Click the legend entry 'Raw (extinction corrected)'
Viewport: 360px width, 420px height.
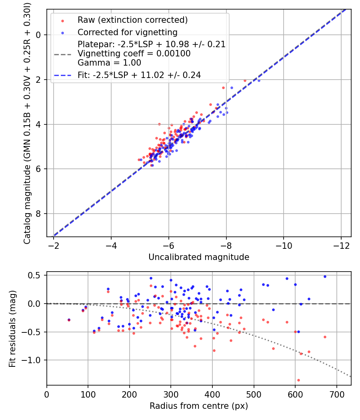tap(132, 20)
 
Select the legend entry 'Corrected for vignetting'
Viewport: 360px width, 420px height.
tap(128, 32)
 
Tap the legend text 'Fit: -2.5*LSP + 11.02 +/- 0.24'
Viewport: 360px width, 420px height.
tap(139, 75)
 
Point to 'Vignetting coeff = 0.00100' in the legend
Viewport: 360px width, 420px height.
tap(134, 54)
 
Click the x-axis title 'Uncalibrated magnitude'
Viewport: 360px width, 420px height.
tap(199, 257)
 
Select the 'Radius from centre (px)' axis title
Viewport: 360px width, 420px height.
tap(199, 406)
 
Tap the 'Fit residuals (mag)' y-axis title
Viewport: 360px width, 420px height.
tap(12, 328)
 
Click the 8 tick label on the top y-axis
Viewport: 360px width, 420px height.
tap(39, 214)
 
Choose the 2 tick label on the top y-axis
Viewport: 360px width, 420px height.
tap(39, 80)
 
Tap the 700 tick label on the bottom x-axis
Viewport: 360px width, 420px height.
tap(337, 395)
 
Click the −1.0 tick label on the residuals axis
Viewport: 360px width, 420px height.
tap(34, 360)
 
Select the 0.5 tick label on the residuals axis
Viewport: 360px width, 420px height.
tap(36, 275)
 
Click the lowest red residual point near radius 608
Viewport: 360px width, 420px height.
tap(298, 380)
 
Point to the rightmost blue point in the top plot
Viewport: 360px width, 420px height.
tap(259, 80)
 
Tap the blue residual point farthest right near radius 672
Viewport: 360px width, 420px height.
tap(325, 276)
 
